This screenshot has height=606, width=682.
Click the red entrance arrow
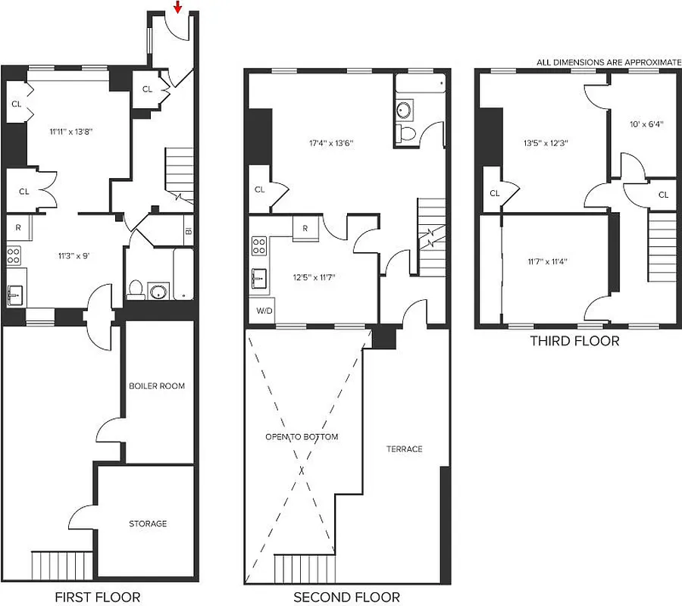point(177,8)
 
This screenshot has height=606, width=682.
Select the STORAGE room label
point(148,523)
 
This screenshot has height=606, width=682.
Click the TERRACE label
point(405,449)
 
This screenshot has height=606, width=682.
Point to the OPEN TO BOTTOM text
point(302,437)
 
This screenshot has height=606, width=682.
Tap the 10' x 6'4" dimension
point(646,125)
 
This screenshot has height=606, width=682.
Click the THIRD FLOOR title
point(574,341)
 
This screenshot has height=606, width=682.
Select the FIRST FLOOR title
point(97,597)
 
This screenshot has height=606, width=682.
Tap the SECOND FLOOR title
point(346,597)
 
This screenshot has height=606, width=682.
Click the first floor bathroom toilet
point(136,289)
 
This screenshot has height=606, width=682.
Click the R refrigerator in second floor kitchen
point(305,228)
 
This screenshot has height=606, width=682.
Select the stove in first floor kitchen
point(14,255)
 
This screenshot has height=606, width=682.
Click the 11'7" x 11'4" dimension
point(547,262)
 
